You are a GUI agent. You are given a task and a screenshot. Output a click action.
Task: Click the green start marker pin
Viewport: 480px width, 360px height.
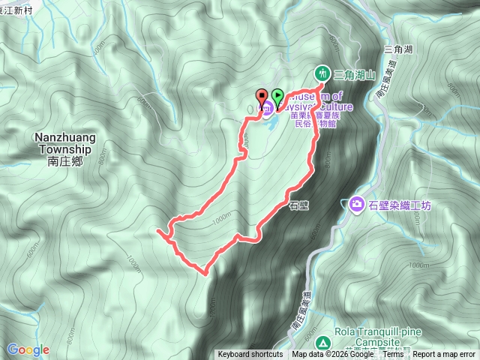pos(278,95)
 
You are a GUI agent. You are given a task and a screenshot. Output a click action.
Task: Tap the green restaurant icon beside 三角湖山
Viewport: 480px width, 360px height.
pos(322,73)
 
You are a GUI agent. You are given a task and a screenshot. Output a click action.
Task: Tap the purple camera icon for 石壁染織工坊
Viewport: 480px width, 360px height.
pos(356,204)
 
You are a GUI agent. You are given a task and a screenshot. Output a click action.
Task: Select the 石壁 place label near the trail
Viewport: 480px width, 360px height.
pos(298,202)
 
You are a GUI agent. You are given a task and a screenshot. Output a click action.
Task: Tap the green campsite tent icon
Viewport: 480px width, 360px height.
pos(323,342)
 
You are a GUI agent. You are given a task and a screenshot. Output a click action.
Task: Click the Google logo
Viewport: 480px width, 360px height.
pos(28,349)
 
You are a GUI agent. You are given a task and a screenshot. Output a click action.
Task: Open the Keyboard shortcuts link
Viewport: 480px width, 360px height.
pos(250,355)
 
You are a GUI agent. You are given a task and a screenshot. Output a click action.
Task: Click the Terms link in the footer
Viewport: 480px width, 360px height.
pos(393,355)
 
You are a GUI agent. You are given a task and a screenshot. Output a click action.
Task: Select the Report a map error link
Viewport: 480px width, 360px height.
pos(445,355)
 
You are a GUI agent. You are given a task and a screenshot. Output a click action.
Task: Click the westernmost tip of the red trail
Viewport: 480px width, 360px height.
pos(157,233)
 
